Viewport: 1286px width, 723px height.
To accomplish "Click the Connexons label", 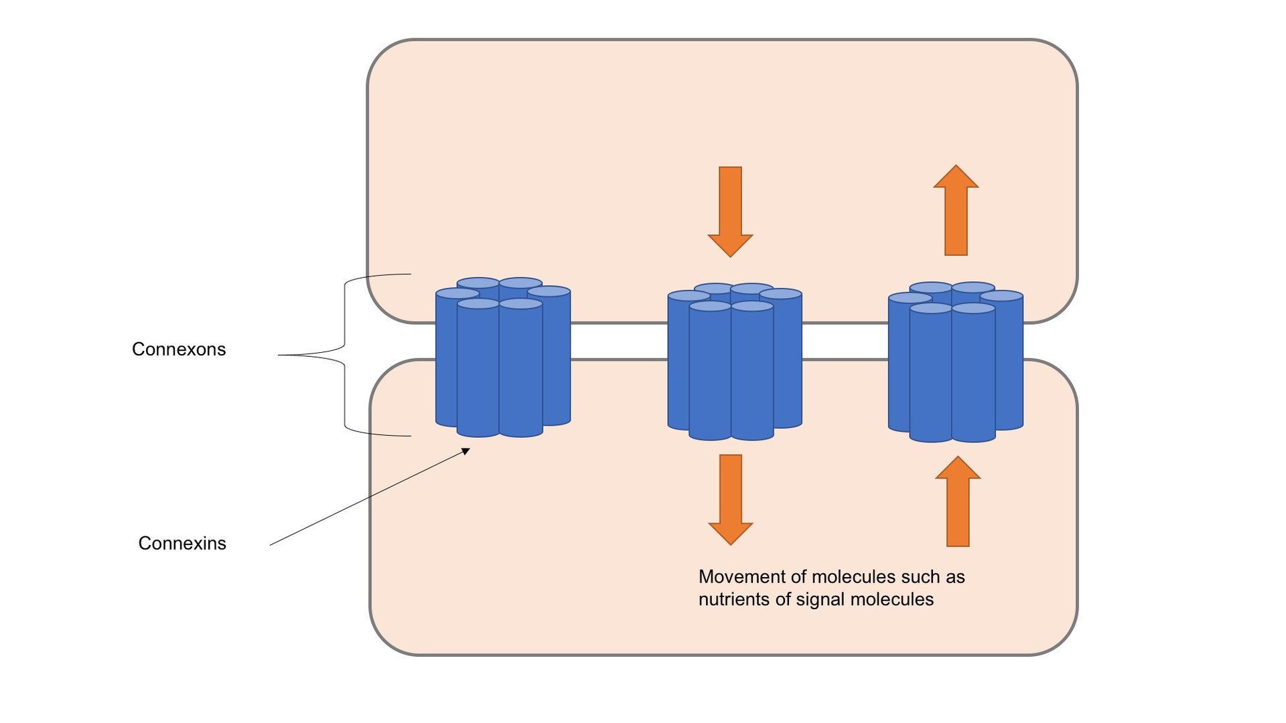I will [179, 349].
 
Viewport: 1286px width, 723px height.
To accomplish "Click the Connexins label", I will [182, 543].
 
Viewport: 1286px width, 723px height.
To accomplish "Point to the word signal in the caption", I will [819, 599].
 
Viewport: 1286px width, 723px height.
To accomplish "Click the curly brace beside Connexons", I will [345, 355].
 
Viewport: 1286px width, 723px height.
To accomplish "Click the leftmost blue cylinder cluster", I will [502, 358].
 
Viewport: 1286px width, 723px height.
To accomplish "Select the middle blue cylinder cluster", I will [734, 361].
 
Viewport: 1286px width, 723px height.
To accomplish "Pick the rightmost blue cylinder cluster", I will [955, 363].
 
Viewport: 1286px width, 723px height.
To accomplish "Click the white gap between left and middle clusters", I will [619, 341].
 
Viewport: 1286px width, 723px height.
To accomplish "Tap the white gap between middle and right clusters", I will [845, 341].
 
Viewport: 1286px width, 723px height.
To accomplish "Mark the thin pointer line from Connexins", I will [368, 499].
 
